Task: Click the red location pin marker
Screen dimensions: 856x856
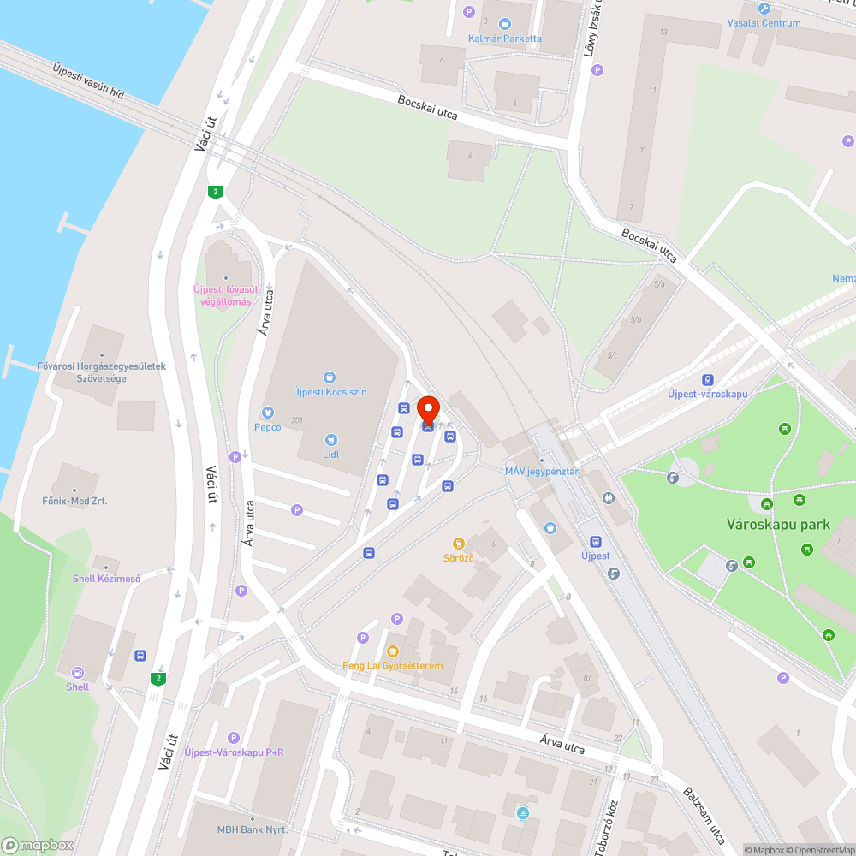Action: pos(428,411)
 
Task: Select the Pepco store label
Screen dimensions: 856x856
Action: pos(267,426)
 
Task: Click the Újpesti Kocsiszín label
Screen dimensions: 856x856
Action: pos(330,391)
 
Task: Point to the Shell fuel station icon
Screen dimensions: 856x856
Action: pos(78,673)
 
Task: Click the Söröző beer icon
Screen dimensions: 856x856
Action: pos(459,544)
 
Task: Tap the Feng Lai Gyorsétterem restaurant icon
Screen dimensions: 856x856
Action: pos(393,651)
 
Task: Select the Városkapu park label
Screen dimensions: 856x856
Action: pos(778,524)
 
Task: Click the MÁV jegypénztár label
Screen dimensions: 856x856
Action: pos(542,472)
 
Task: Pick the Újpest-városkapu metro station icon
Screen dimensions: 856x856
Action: pos(707,380)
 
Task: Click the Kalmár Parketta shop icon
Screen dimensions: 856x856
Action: pos(504,24)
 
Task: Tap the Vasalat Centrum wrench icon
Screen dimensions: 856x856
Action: pos(764,9)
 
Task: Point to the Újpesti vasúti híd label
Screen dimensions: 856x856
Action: pos(88,81)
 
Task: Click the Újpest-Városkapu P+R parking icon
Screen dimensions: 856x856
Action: pos(234,738)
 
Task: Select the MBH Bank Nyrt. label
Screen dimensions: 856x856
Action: pos(252,830)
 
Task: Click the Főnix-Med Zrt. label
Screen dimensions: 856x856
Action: pos(74,501)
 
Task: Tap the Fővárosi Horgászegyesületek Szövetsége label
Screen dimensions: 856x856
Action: pos(101,372)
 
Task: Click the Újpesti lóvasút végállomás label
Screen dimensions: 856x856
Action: pos(223,295)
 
